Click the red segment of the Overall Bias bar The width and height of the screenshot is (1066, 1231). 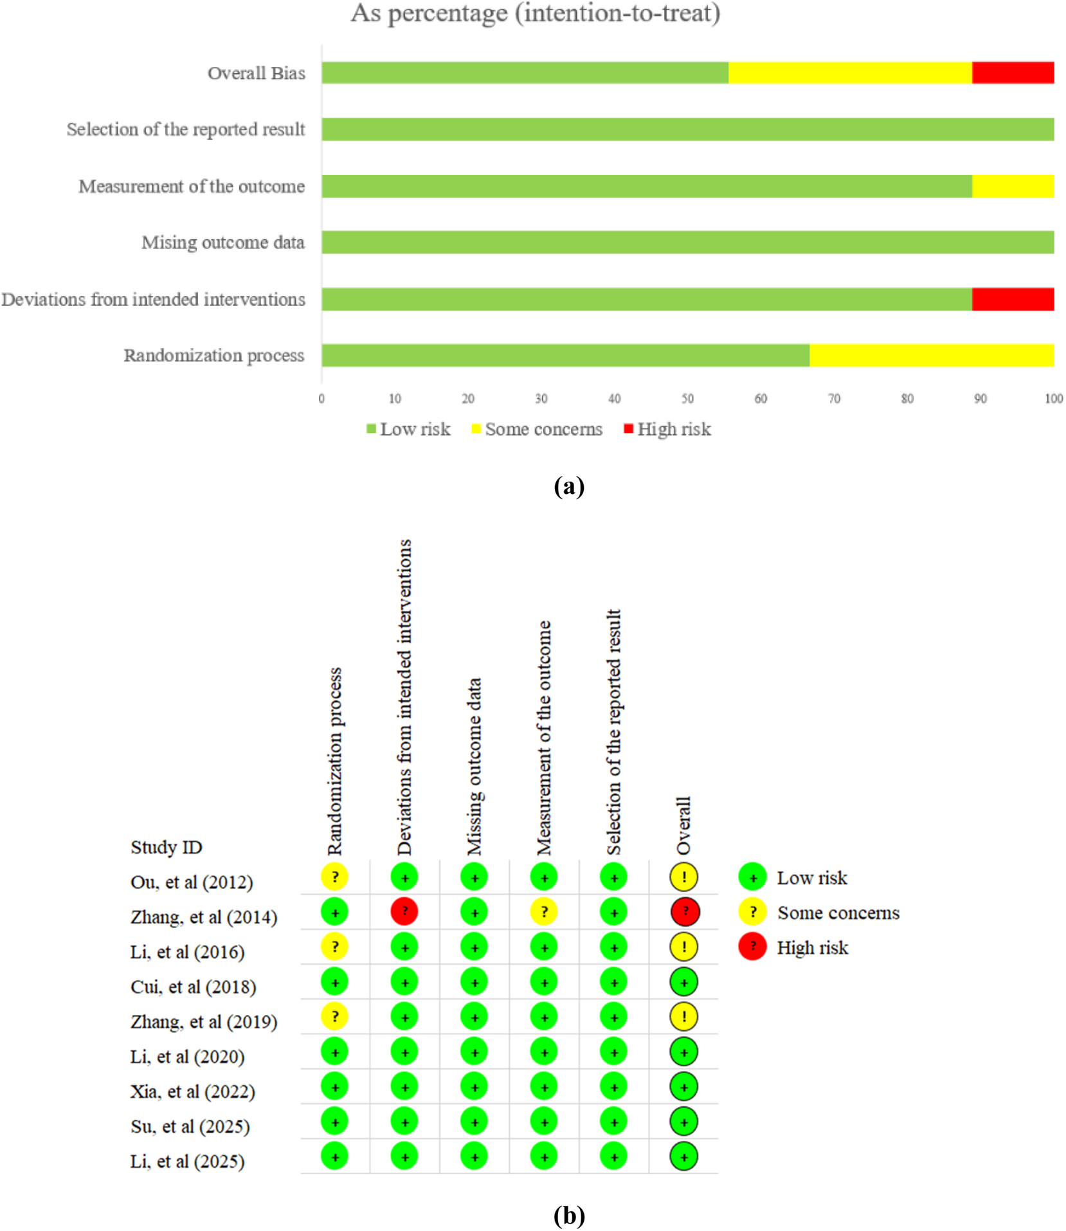(x=1013, y=73)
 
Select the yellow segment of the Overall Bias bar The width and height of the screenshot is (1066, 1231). (x=849, y=73)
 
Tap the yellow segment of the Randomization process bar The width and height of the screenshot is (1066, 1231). (x=931, y=355)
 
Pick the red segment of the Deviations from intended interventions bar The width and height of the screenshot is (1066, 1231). (x=1013, y=299)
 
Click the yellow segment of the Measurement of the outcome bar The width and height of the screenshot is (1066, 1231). (x=1013, y=186)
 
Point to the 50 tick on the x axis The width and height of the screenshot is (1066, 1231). (x=687, y=399)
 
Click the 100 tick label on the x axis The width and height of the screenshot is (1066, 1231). (x=1053, y=399)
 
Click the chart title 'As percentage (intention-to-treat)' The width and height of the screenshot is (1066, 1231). (x=535, y=13)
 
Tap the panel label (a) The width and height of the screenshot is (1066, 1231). (x=568, y=486)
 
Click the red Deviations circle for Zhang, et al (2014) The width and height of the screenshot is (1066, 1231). (x=404, y=911)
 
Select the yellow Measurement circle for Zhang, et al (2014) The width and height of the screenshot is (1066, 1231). (x=544, y=911)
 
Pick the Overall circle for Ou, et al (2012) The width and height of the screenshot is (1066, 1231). (x=683, y=877)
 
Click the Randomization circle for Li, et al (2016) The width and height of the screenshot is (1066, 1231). (x=334, y=946)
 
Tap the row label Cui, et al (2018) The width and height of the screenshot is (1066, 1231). (x=193, y=987)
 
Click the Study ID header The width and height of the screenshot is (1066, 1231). (x=166, y=847)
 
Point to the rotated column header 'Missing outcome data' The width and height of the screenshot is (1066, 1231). (x=474, y=766)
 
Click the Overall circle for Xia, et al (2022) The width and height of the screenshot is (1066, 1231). (x=683, y=1087)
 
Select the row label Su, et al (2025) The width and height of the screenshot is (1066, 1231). (x=190, y=1126)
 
